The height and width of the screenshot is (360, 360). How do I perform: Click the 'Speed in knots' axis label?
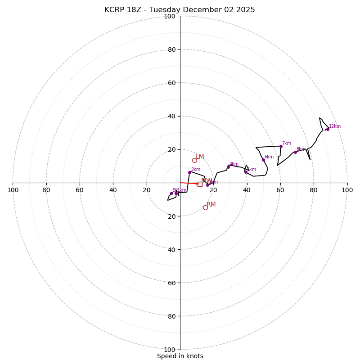tap(180, 356)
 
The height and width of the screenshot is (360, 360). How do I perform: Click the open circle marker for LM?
tap(194, 160)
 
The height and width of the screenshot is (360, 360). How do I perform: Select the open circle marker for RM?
tap(205, 207)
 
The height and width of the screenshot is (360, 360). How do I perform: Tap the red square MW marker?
tap(200, 184)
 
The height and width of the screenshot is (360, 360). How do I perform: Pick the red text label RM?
tap(211, 205)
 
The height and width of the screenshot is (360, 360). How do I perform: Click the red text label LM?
tap(200, 157)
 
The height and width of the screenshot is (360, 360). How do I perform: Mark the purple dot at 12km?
tap(328, 129)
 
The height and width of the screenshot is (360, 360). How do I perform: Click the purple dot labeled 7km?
tap(281, 146)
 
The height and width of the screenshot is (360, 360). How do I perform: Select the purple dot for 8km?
tap(295, 152)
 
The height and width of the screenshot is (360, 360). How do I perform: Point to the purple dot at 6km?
tap(263, 160)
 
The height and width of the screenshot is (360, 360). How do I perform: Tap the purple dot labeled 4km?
tap(228, 167)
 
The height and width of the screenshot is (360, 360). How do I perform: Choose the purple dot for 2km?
tap(189, 172)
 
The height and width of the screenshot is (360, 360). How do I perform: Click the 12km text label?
tap(335, 126)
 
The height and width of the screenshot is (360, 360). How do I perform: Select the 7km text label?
tap(287, 144)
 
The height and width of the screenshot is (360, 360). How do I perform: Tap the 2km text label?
tap(195, 170)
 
